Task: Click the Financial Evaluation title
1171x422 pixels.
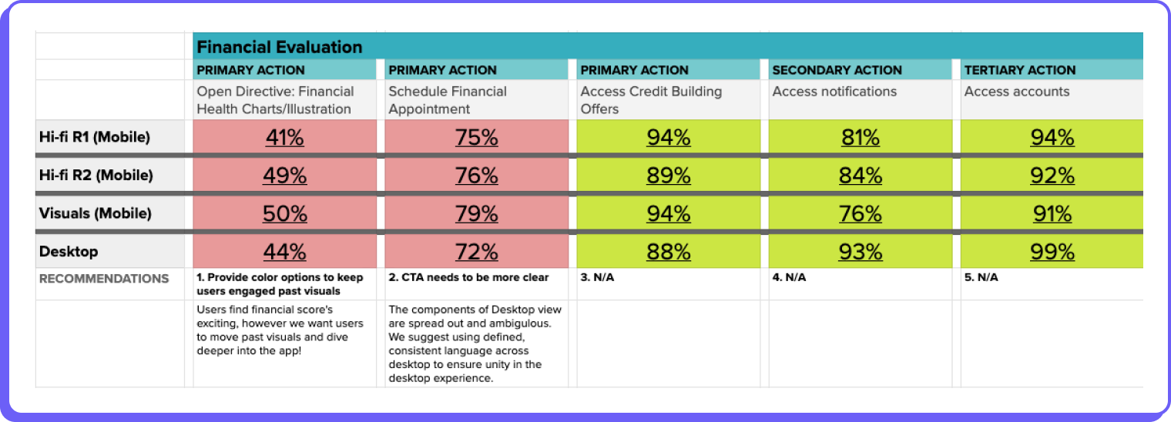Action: pyautogui.click(x=279, y=47)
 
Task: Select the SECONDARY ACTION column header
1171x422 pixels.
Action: pyautogui.click(x=837, y=70)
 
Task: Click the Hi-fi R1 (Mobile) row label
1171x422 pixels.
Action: pyautogui.click(x=94, y=138)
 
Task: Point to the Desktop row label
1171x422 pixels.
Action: pyautogui.click(x=69, y=252)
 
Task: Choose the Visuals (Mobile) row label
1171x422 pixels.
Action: pyautogui.click(x=95, y=213)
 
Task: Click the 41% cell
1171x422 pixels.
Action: pyautogui.click(x=285, y=138)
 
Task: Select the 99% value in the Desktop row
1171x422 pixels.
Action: pyautogui.click(x=1052, y=252)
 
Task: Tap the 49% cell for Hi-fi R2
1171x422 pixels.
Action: pyautogui.click(x=285, y=176)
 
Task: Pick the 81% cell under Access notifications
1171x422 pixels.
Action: pyautogui.click(x=861, y=138)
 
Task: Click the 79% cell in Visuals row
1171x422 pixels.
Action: pyautogui.click(x=477, y=213)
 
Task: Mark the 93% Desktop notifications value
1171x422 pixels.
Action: pyautogui.click(x=861, y=252)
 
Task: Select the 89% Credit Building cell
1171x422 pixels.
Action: pyautogui.click(x=669, y=176)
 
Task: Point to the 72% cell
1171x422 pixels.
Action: pyautogui.click(x=477, y=252)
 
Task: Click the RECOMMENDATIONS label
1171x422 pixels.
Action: pyautogui.click(x=104, y=279)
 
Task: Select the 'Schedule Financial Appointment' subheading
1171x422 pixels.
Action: pyautogui.click(x=448, y=100)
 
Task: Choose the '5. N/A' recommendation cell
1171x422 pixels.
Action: pyautogui.click(x=981, y=277)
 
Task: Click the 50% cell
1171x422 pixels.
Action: pyautogui.click(x=285, y=213)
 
